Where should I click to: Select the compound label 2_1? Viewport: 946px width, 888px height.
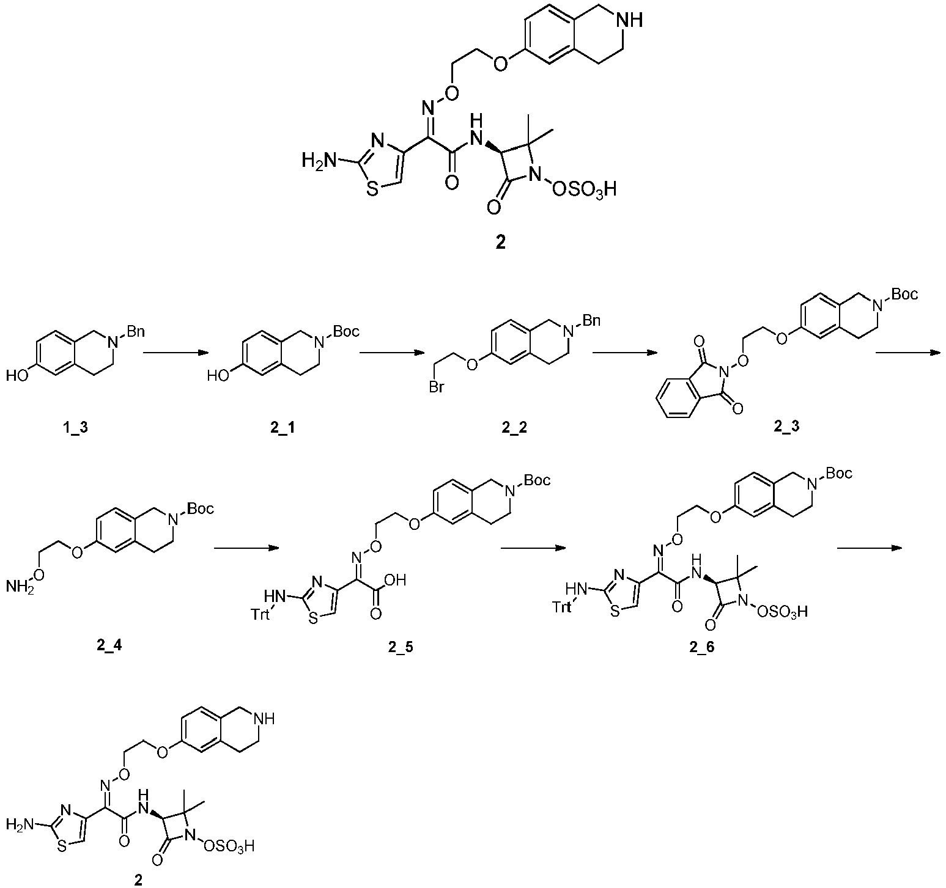[282, 428]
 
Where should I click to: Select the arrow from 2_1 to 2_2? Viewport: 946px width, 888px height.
[391, 352]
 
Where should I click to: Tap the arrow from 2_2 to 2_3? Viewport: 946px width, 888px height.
[625, 352]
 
